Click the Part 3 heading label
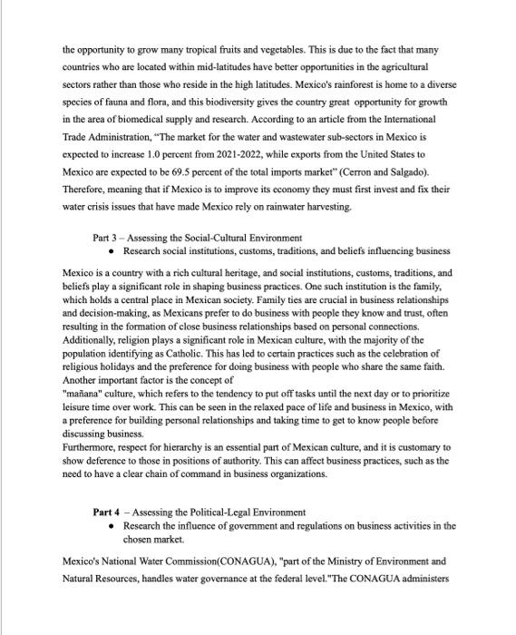click(x=107, y=238)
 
